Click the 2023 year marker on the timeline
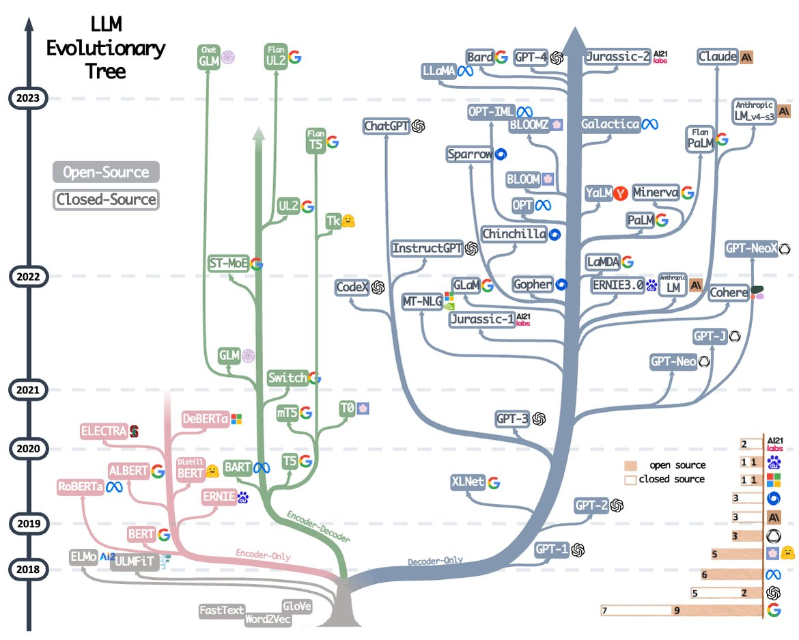(x=28, y=98)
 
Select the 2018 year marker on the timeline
(x=28, y=569)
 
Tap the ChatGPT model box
(x=387, y=126)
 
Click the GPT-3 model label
(x=515, y=419)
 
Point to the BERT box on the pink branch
(x=142, y=535)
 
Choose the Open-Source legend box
(x=106, y=172)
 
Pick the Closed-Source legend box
(x=106, y=200)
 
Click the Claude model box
(x=718, y=57)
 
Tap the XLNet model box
(x=468, y=482)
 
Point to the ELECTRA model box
(x=104, y=431)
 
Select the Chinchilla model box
(x=514, y=234)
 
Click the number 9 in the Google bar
(x=677, y=611)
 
